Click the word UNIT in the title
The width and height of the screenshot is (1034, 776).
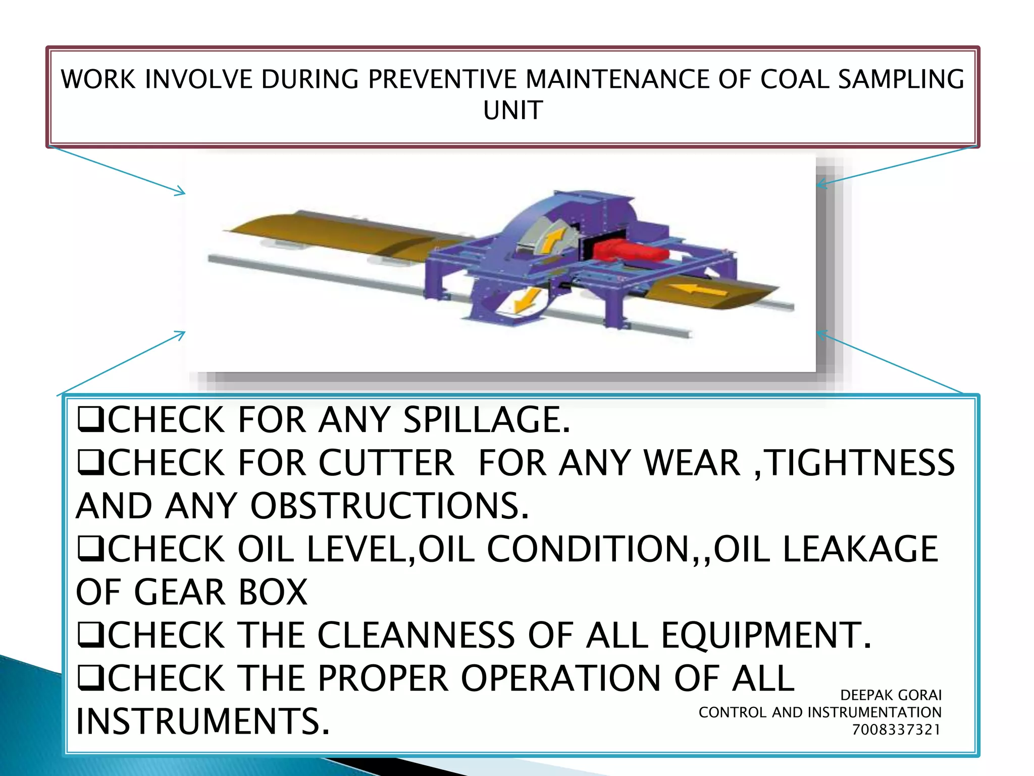[513, 110]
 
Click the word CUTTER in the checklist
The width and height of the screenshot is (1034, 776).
[386, 463]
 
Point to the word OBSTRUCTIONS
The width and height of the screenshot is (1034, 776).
[389, 506]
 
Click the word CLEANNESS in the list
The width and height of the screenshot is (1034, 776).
[417, 635]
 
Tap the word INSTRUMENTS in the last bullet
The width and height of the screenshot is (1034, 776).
[202, 721]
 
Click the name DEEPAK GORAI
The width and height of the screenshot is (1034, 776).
[891, 695]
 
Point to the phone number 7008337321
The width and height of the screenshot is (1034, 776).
[896, 730]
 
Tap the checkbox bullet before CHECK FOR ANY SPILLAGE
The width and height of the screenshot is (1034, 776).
[91, 420]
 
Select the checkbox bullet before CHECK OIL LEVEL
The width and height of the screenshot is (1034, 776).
[91, 550]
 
